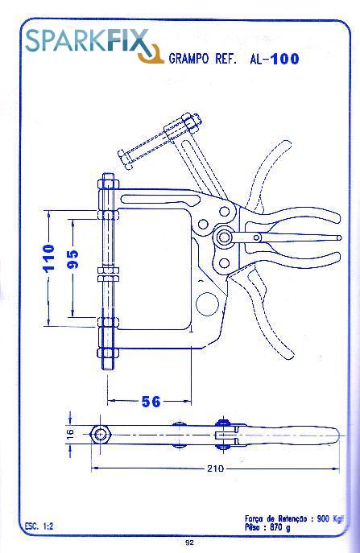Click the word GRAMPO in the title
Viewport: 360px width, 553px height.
point(188,59)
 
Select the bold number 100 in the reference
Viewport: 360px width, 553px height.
point(285,59)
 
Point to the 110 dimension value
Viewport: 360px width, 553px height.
point(48,258)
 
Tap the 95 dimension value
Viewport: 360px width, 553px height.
point(72,259)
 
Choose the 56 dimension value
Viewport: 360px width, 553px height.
point(151,402)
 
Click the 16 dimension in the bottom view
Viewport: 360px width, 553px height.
point(70,433)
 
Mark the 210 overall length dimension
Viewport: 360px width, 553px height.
point(215,468)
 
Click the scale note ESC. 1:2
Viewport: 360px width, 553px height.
point(39,526)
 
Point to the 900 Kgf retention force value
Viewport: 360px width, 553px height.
point(330,519)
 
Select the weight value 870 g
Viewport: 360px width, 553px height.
point(280,528)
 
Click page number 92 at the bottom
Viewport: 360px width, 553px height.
point(189,543)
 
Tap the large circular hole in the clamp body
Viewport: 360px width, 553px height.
point(207,304)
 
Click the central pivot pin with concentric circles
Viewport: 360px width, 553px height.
point(223,237)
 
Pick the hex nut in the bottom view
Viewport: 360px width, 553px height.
point(100,435)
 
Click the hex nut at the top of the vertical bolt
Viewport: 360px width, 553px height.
point(109,185)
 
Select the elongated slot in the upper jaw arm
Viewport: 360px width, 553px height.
point(160,199)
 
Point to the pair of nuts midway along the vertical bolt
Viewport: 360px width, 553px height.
point(109,274)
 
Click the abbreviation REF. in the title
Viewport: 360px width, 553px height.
point(226,59)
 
